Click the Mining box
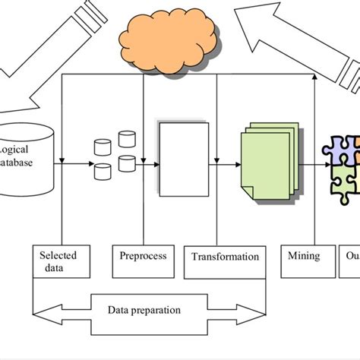pyautogui.click(x=304, y=256)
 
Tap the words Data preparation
pyautogui.click(x=144, y=310)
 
